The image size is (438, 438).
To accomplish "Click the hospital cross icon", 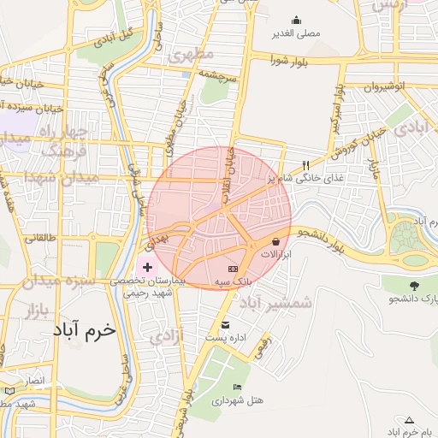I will coord(147,269).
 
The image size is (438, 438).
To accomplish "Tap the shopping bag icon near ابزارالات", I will coord(275,242).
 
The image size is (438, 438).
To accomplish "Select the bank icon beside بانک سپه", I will coord(233,269).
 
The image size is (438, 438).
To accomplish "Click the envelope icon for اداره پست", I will coord(225,324).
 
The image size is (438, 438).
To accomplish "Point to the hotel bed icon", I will coord(237,387).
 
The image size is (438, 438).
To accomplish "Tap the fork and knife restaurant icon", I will coord(305,164).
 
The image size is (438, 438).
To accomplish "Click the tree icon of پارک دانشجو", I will coord(415,286).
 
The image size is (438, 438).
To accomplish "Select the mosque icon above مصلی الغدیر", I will coord(297,21).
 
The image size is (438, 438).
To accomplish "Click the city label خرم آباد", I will coord(83,330).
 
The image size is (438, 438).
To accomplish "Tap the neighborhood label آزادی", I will coord(167,337).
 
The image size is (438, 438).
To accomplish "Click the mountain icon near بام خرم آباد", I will coord(409,419).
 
